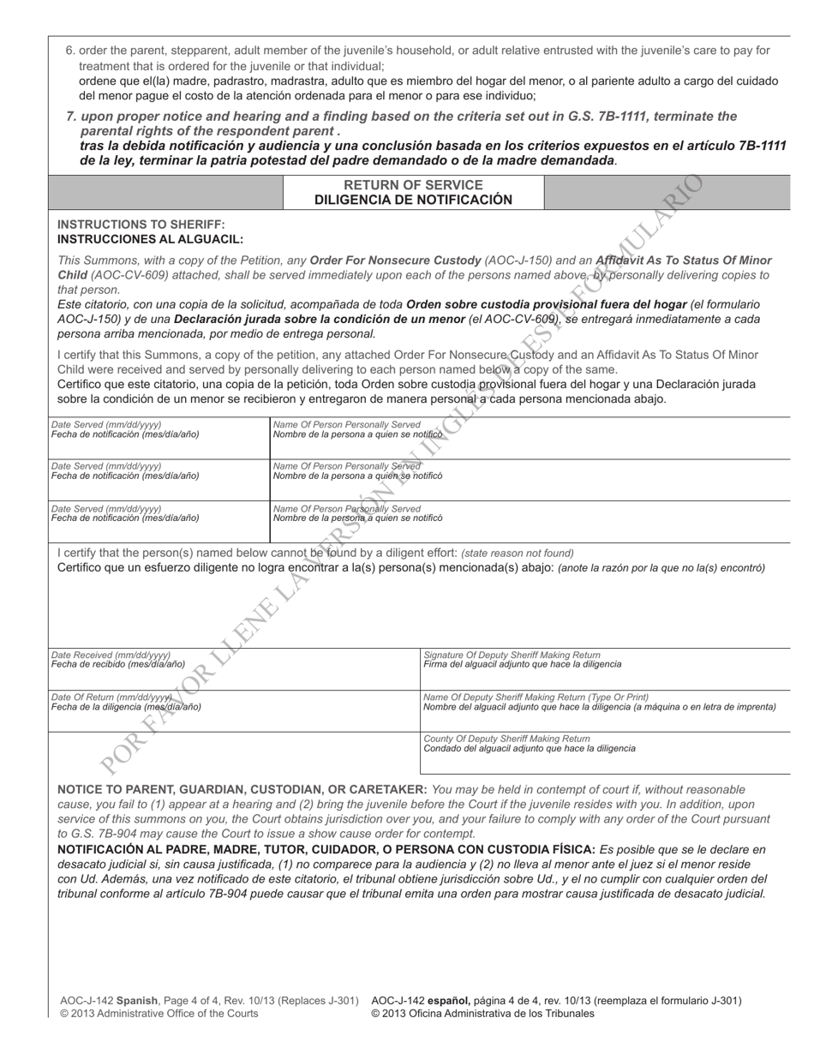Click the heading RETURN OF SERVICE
pos(413,185)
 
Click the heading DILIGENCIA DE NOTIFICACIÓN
pos(413,201)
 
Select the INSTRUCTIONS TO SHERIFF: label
pos(141,225)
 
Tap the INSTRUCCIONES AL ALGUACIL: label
pos(150,240)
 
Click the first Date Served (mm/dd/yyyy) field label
pos(106,424)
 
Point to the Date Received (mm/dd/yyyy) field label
pos(111,655)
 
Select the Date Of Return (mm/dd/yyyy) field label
pos(112,697)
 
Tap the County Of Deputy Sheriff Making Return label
pos(506,738)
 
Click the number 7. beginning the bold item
pos(72,117)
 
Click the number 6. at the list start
pos(71,51)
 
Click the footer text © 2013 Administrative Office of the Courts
pos(159,1014)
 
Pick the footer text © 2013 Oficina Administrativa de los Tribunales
pos(482,1014)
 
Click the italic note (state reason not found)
pos(518,553)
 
